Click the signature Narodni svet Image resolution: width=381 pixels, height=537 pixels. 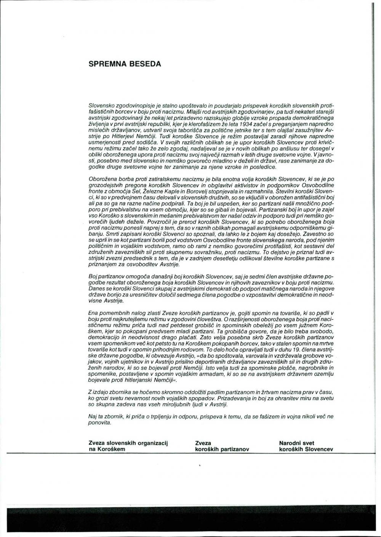click(297, 443)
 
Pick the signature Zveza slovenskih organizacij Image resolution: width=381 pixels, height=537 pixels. click(128, 443)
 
